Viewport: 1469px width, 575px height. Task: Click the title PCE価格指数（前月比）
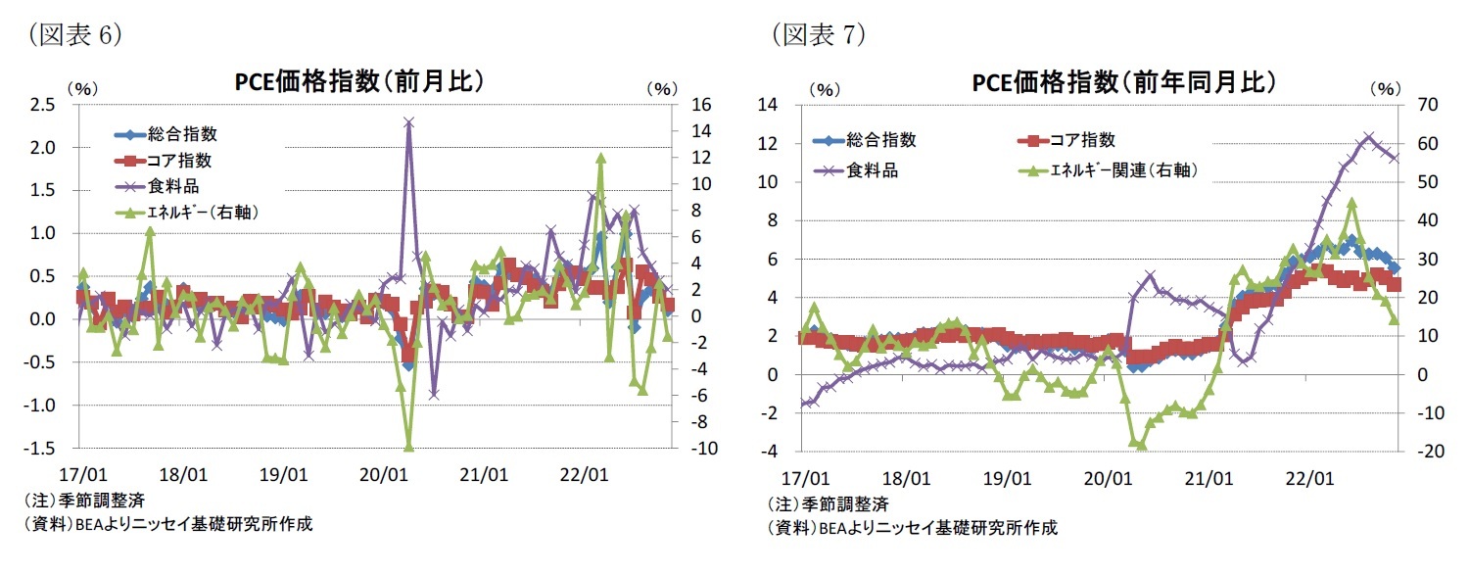click(359, 82)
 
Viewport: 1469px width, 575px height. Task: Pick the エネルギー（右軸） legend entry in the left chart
click(192, 211)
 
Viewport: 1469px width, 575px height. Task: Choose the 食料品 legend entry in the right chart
click(867, 169)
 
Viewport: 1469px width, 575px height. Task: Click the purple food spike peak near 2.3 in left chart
click(408, 122)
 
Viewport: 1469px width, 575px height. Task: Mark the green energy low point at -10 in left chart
click(408, 448)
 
